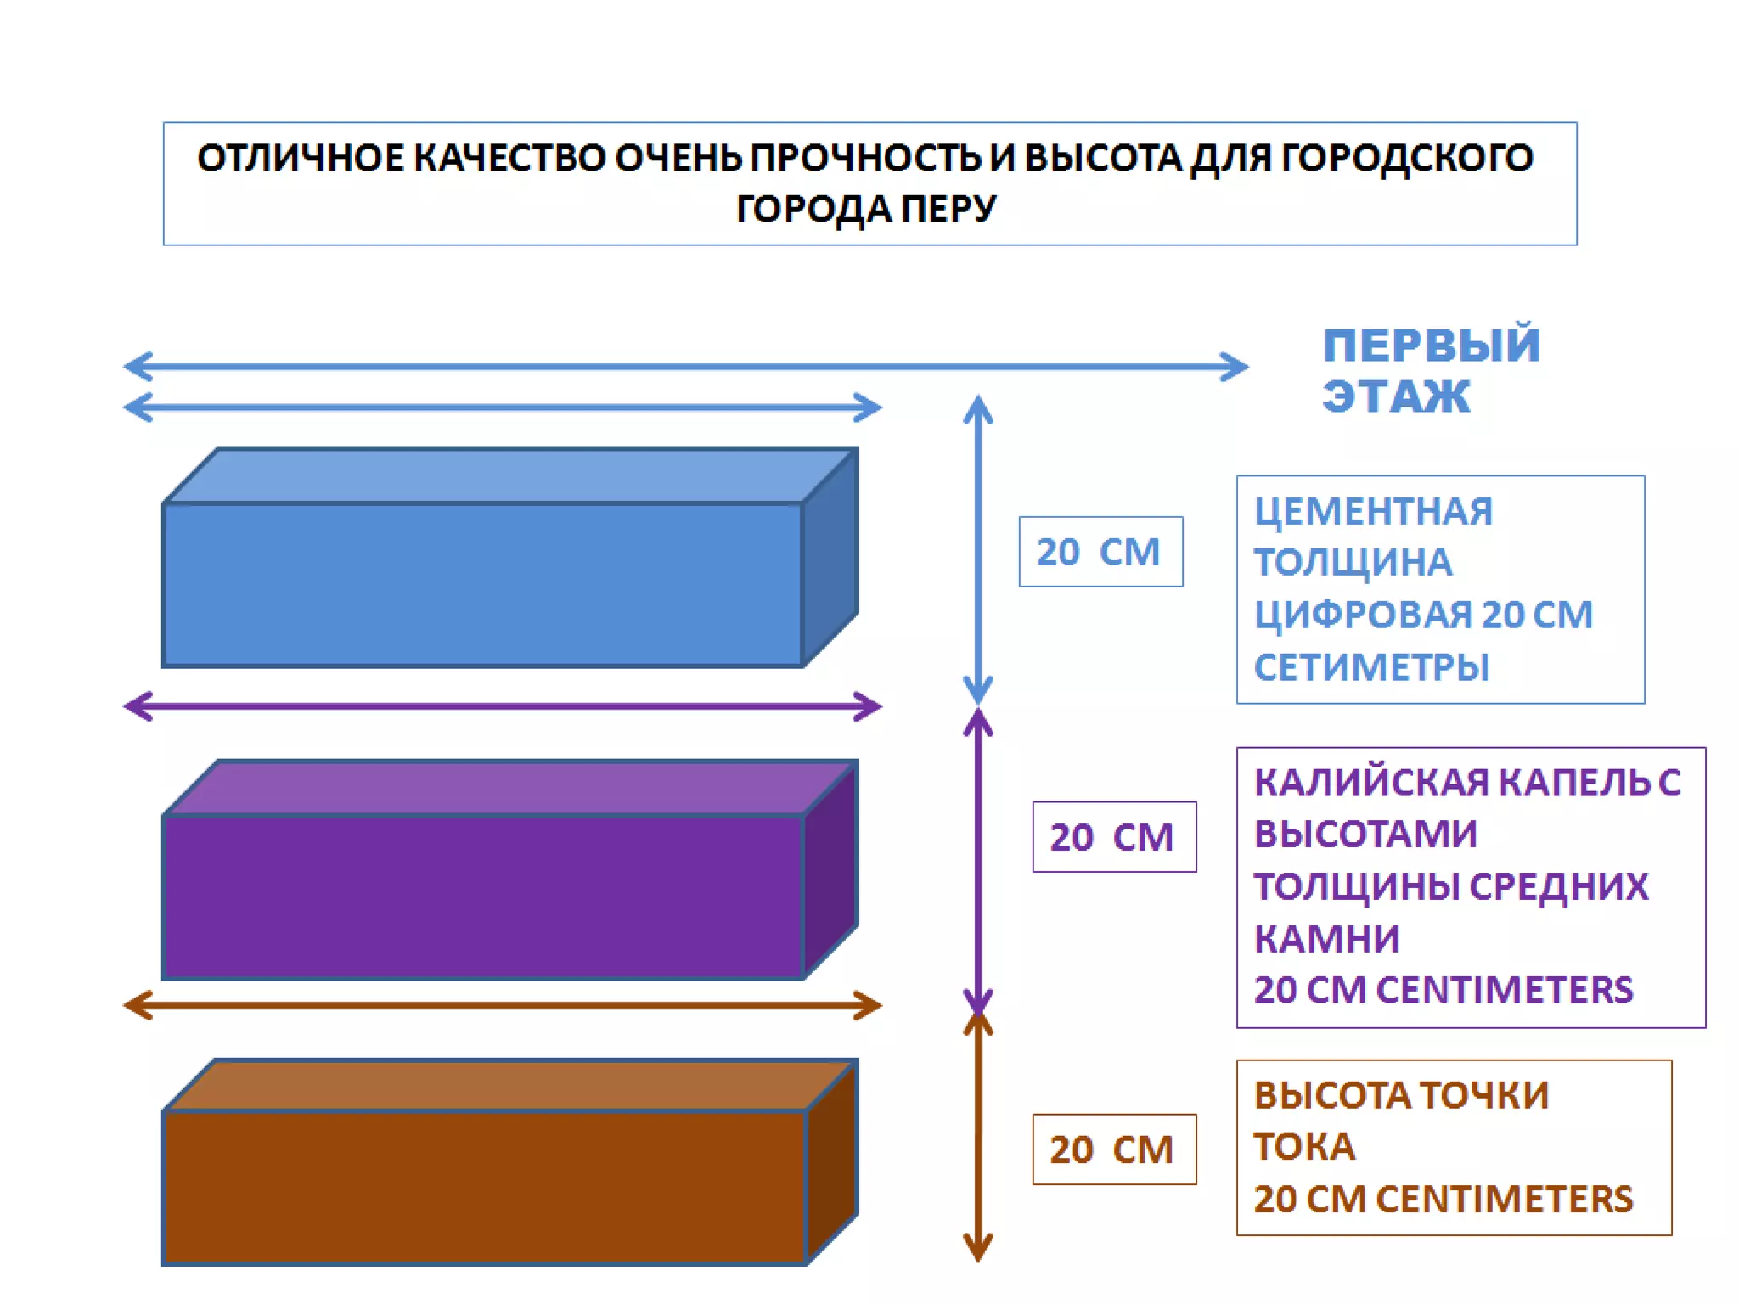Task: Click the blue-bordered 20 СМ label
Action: [1100, 552]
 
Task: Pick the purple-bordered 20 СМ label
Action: [1113, 837]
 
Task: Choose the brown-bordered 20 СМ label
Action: [1113, 1149]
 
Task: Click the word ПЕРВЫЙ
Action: [1431, 346]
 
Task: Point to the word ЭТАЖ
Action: [1395, 396]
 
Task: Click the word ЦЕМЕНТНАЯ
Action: [1373, 511]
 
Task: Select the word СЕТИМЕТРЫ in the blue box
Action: [1371, 667]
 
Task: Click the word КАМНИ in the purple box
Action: [1326, 939]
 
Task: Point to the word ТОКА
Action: [1304, 1147]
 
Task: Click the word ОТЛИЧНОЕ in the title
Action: [301, 159]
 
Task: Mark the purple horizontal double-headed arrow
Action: [503, 706]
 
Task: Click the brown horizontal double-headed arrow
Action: [503, 1006]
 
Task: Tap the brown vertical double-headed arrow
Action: [978, 1138]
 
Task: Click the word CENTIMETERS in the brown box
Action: [1504, 1200]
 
